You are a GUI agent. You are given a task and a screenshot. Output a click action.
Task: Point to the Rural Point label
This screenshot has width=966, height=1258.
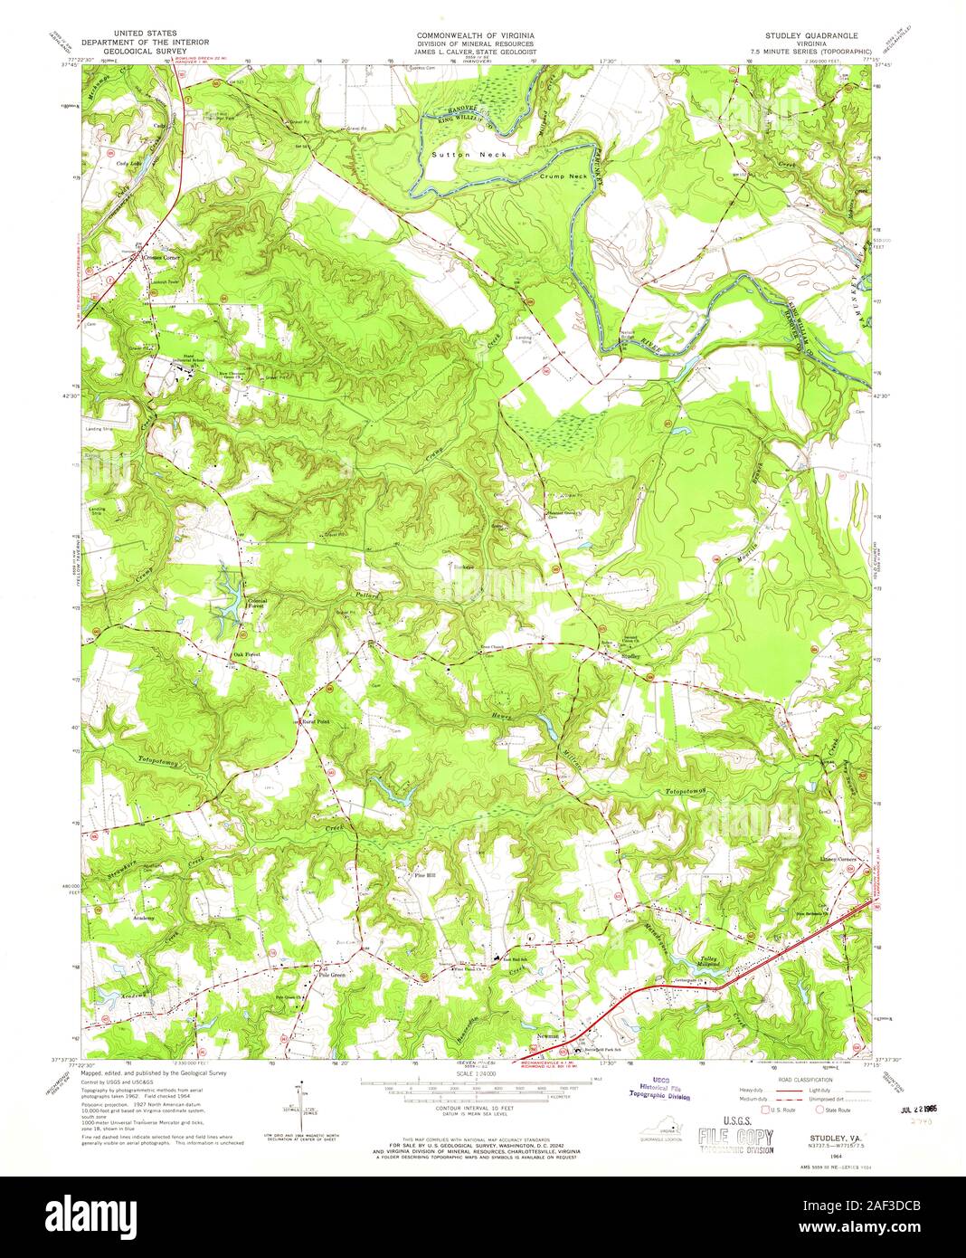tap(317, 721)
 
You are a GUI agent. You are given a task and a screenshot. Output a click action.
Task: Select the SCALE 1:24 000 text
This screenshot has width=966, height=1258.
tap(464, 1073)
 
